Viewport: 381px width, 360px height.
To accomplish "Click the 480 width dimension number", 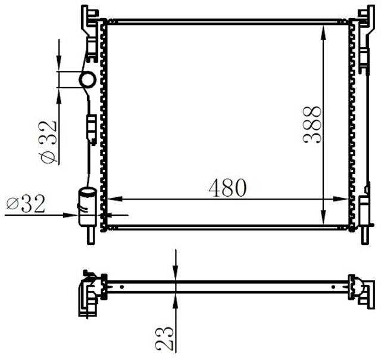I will [x=227, y=188].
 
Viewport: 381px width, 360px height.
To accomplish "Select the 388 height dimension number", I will [x=312, y=124].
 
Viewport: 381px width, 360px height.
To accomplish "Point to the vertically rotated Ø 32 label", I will [x=48, y=141].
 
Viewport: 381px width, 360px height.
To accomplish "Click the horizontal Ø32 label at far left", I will [x=26, y=204].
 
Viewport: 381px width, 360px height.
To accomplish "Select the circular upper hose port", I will [x=88, y=79].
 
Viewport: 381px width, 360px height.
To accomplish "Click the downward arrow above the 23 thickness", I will [x=176, y=271].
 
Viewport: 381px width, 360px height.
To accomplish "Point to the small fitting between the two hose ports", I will [x=91, y=128].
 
